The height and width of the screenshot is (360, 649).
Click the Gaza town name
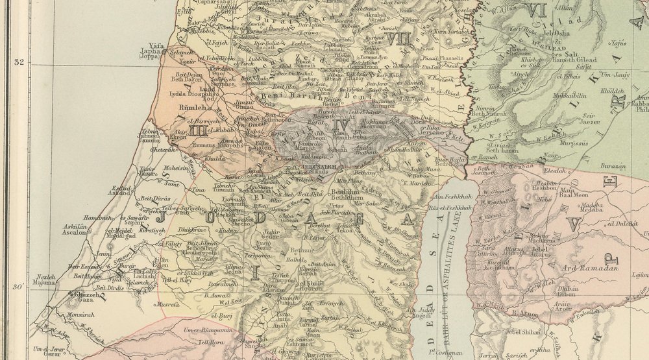(x=86, y=300)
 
